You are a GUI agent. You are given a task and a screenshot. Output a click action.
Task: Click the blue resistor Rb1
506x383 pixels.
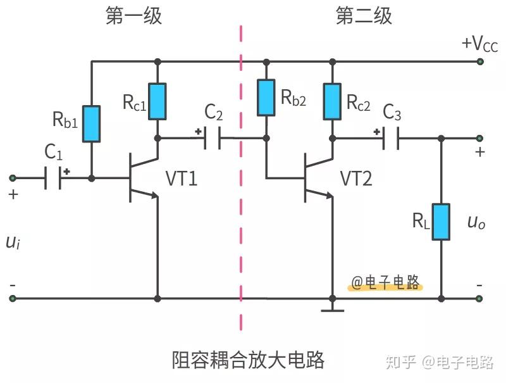coord(92,123)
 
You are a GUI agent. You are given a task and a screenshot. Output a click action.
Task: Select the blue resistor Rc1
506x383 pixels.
coord(157,101)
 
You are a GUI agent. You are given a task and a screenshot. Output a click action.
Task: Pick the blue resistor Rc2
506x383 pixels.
coord(331,101)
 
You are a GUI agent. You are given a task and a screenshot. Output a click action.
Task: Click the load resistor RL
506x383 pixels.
coord(441,222)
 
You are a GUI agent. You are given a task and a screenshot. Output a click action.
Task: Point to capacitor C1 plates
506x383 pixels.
coord(53,179)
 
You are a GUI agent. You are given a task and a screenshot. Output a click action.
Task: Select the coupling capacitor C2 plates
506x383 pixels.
coord(213,138)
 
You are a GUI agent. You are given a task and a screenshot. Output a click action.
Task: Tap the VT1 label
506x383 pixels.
coord(182,179)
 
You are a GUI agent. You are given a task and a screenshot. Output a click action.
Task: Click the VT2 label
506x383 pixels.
coord(356,179)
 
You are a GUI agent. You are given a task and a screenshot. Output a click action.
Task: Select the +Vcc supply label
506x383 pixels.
coord(479,44)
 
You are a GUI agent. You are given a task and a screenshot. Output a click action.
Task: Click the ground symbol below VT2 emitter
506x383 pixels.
coord(331,310)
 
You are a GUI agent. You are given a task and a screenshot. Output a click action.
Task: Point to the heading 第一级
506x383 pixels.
coord(133,16)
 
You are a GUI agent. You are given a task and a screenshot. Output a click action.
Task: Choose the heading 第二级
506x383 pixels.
coord(364,16)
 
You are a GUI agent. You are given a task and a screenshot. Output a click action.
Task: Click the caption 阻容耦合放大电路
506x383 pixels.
coord(249,360)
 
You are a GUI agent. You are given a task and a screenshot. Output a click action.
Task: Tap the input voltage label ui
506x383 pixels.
coord(13,242)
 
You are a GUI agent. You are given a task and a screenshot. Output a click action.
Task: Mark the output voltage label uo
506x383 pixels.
coord(476,222)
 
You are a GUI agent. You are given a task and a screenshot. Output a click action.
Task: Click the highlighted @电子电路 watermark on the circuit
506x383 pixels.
coord(386,283)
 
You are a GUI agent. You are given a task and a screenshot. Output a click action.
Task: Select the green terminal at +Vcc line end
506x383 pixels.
coord(480,62)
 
